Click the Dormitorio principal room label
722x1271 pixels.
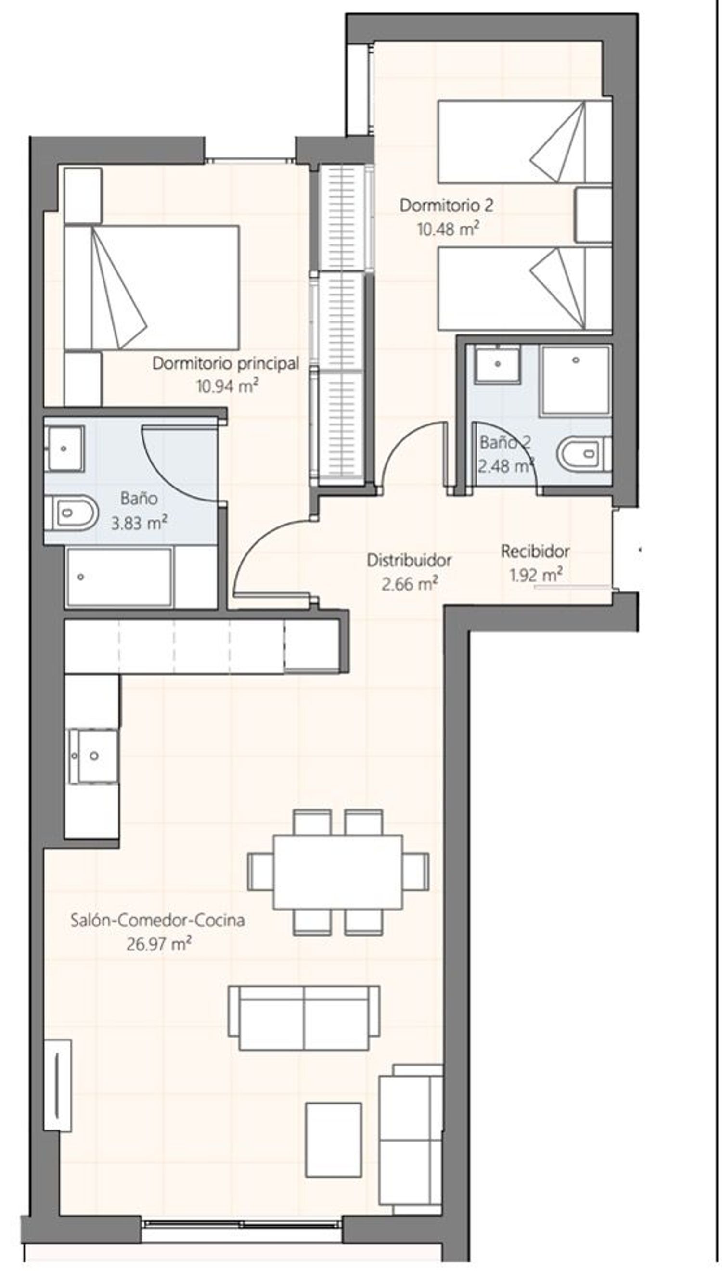226,364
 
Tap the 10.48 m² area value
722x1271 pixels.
448,229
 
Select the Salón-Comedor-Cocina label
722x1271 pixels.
158,921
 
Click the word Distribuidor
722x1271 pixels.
409,560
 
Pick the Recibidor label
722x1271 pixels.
535,551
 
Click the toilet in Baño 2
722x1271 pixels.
584,453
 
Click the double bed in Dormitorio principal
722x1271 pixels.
152,287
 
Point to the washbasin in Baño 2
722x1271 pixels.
498,364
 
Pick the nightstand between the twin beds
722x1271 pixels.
593,215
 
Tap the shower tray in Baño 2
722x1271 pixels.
575,380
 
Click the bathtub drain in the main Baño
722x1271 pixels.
81,577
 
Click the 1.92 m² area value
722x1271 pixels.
536,575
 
